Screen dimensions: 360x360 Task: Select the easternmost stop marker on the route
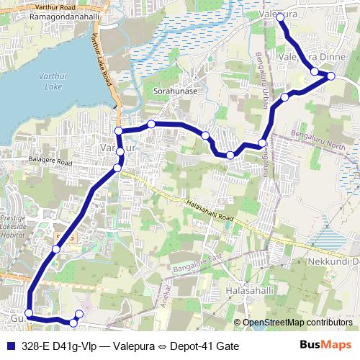point(331,76)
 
